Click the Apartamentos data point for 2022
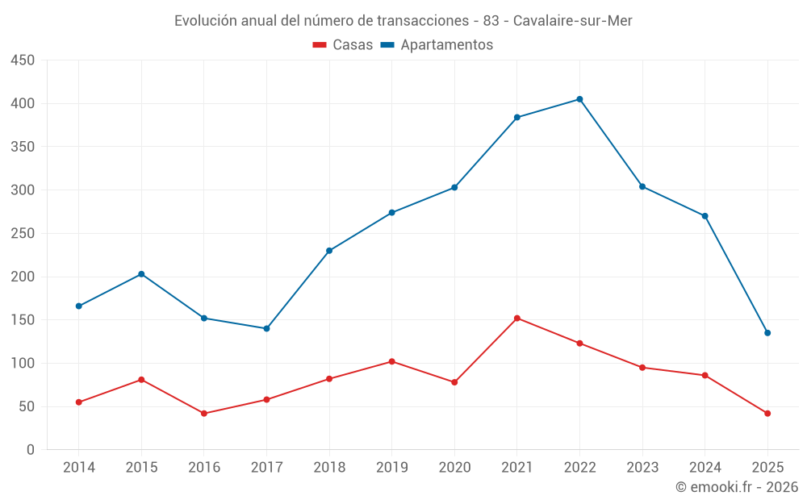point(579,99)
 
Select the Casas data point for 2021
point(517,318)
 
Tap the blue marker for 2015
point(141,274)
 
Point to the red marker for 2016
point(204,414)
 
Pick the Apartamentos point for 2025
point(767,333)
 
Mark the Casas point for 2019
point(392,361)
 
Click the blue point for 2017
point(266,328)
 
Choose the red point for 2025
point(767,414)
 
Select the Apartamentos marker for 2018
point(329,251)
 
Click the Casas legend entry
point(343,45)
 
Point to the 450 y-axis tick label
point(23,60)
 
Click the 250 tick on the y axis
point(23,234)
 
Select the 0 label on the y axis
point(30,450)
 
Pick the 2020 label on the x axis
point(454,468)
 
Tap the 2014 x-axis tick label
point(78,468)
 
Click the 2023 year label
point(642,468)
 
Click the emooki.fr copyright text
point(737,487)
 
